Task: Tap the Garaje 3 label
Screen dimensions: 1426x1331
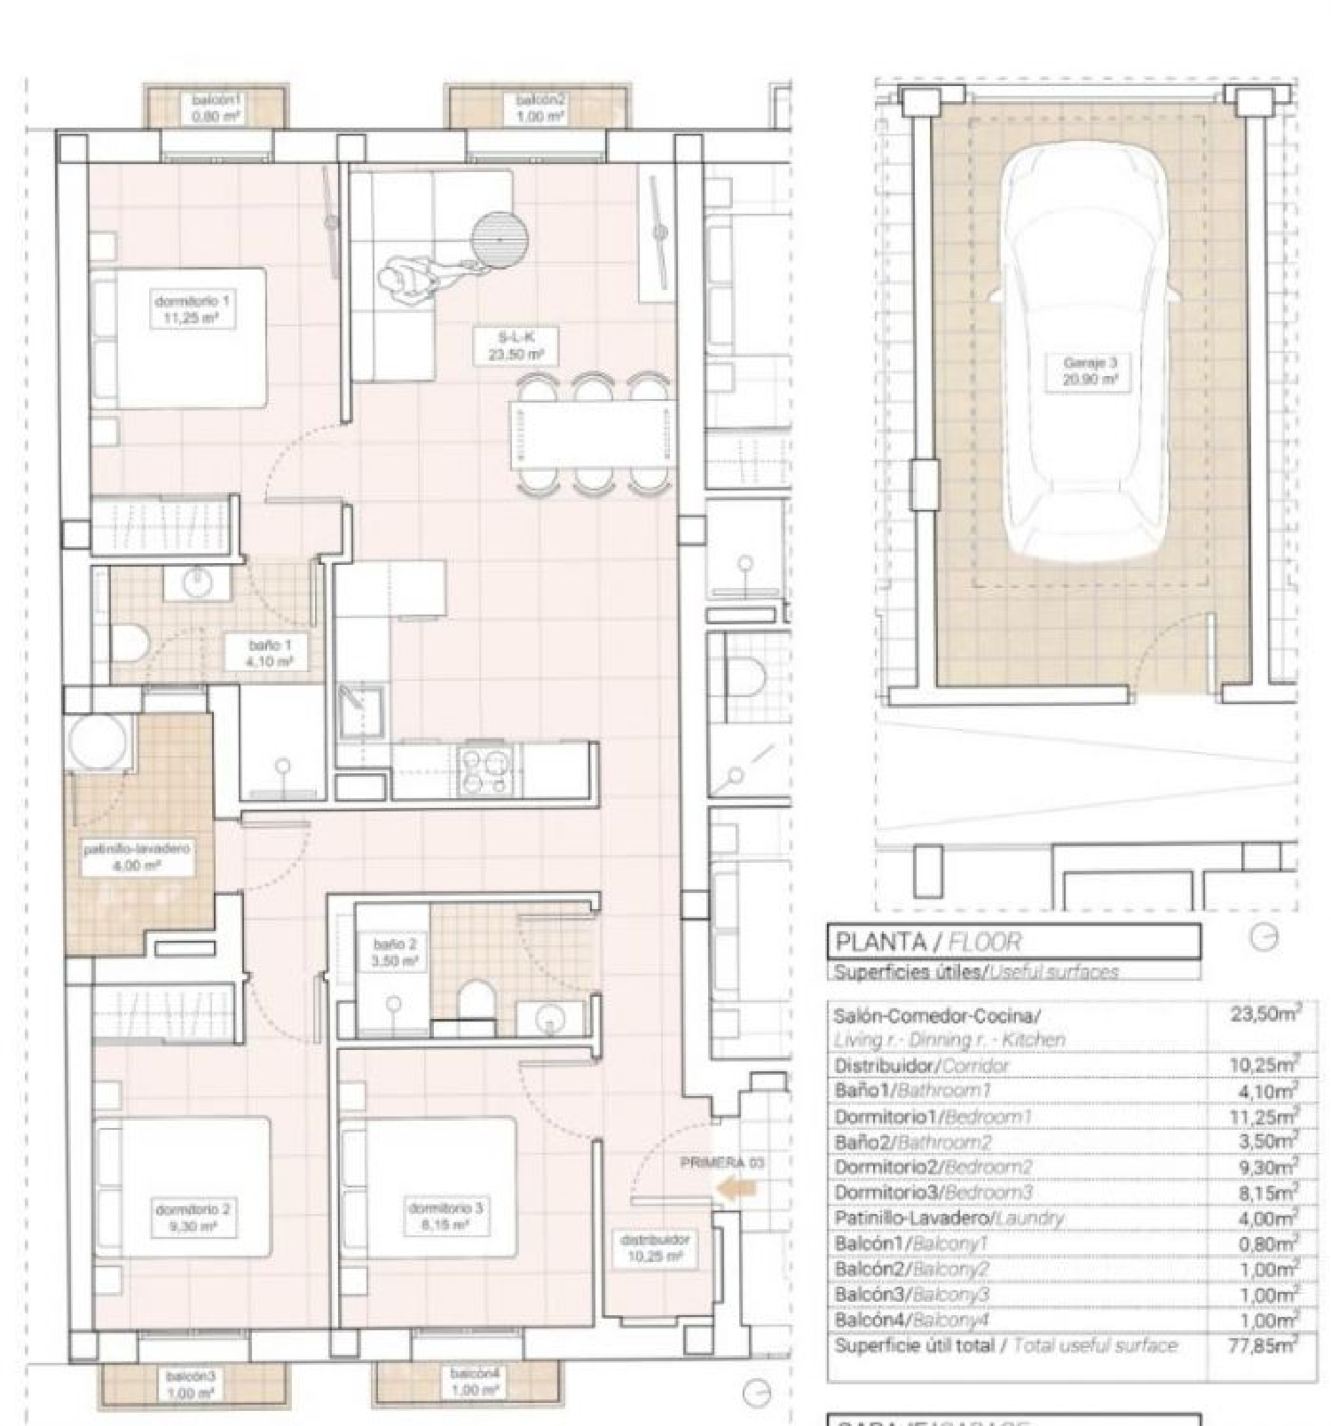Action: coord(1090,371)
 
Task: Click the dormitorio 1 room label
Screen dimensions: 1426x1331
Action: coord(193,309)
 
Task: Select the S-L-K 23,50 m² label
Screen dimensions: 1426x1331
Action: coord(516,345)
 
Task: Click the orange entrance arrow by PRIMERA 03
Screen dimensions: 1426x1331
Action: coord(736,1188)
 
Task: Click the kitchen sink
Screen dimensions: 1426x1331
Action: coord(361,710)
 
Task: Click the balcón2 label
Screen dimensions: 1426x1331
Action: coord(540,108)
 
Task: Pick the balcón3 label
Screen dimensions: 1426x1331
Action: coord(191,1383)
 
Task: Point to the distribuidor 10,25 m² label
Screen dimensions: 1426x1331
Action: coord(655,1247)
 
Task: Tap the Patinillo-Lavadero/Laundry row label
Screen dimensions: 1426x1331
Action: coord(948,1218)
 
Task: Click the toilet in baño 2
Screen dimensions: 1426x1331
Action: coord(477,999)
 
